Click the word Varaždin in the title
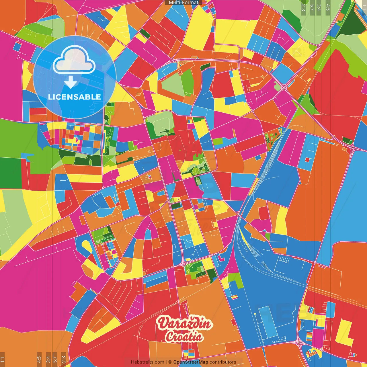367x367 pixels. pos(185,324)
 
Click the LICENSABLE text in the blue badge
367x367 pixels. pos(75,97)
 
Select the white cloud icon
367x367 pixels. pos(74,60)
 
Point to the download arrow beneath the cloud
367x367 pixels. pos(70,83)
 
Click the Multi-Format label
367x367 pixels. pos(183,3)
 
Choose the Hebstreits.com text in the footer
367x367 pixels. pos(147,362)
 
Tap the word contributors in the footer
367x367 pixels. pos(223,362)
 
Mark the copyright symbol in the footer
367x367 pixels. pos(170,362)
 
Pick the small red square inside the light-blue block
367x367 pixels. pos(307,160)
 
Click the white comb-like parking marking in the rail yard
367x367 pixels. pos(284,260)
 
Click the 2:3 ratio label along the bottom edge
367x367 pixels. pos(64,359)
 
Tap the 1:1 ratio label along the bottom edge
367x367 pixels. pos(3,359)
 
